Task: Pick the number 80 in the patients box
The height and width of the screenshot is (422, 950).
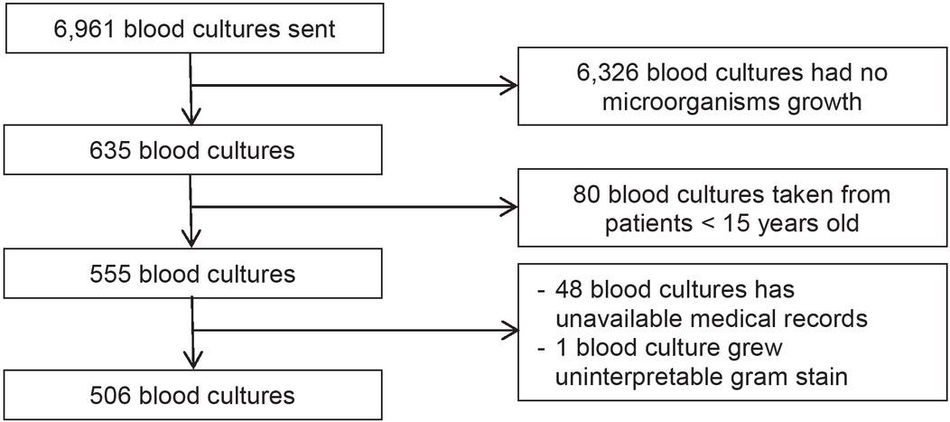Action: (x=588, y=194)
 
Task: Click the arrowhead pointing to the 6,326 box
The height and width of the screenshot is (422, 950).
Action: (x=510, y=87)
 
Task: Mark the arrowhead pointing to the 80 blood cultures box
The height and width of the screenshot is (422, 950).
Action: (x=510, y=210)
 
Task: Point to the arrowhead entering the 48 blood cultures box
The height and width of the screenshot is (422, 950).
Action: (x=510, y=332)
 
